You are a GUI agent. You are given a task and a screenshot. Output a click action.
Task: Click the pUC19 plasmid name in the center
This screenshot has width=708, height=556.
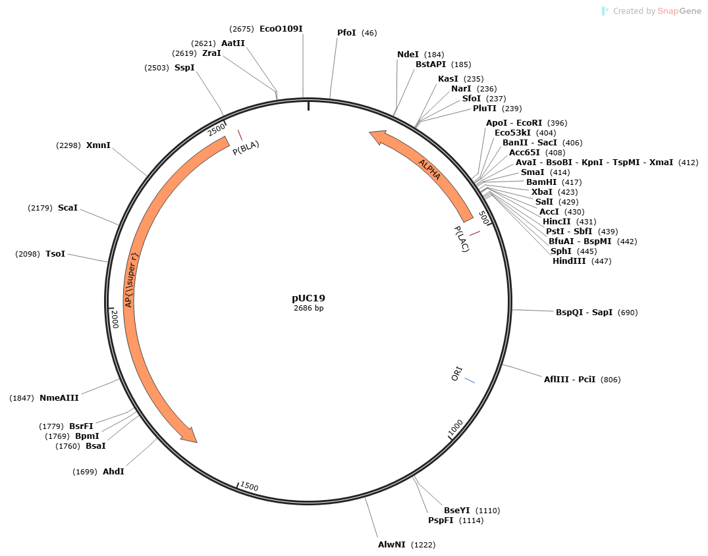coord(308,298)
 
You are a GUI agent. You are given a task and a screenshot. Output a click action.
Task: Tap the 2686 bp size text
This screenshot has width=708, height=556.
coord(308,308)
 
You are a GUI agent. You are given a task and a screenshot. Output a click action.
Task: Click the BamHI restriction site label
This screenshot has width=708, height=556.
coord(541,182)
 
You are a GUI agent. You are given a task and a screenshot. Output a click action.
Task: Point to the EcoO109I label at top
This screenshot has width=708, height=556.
coord(281,29)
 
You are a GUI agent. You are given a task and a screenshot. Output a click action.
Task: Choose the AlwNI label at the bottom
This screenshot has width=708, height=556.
coord(391,545)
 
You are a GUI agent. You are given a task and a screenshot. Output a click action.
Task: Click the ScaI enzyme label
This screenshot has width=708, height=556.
coord(68,208)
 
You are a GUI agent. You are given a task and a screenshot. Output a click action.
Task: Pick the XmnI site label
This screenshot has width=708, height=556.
coord(98,145)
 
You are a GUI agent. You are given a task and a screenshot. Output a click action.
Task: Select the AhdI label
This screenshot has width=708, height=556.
coord(113,472)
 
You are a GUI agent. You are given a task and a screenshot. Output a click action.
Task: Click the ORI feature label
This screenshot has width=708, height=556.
coord(457,374)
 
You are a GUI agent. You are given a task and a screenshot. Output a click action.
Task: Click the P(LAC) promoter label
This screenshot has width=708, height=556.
coord(462,239)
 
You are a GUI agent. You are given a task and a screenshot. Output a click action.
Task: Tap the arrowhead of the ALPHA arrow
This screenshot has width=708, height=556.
coord(377,136)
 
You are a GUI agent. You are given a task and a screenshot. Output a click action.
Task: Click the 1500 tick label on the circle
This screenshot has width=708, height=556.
coord(250,486)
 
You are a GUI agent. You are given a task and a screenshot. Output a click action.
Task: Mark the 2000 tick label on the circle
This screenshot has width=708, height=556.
coord(114,320)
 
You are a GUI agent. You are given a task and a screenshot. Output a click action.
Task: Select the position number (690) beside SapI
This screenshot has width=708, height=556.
coord(628,313)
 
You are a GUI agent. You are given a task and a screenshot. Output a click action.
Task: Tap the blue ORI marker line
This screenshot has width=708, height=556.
coord(470,380)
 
